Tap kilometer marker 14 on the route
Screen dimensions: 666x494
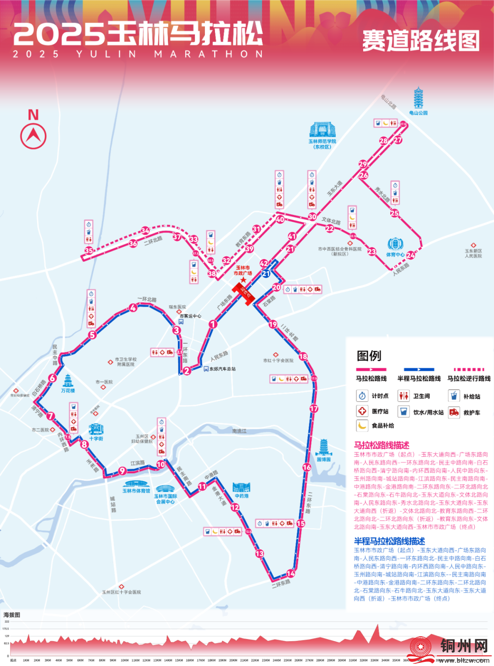291,574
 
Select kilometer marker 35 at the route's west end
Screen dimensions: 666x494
89,251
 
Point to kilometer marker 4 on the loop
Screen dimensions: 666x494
133,308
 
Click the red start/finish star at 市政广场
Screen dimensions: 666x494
243,279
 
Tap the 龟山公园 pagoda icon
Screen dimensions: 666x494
419,98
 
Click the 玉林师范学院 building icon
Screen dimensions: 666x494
322,130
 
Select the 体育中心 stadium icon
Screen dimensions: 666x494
395,244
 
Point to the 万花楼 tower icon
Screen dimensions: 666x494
68,381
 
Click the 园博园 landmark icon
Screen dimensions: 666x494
323,447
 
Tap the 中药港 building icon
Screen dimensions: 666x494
241,487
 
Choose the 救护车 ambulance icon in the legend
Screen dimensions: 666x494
454,412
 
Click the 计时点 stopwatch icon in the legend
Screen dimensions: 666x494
362,396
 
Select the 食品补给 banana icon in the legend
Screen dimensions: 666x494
362,425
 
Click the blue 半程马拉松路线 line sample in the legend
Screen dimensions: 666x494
419,369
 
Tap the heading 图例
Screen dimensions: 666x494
369,356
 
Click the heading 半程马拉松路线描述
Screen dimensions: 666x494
389,541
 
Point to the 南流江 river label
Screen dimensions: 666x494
239,431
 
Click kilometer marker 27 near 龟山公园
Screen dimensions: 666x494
398,140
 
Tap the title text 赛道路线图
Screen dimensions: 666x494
421,41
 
